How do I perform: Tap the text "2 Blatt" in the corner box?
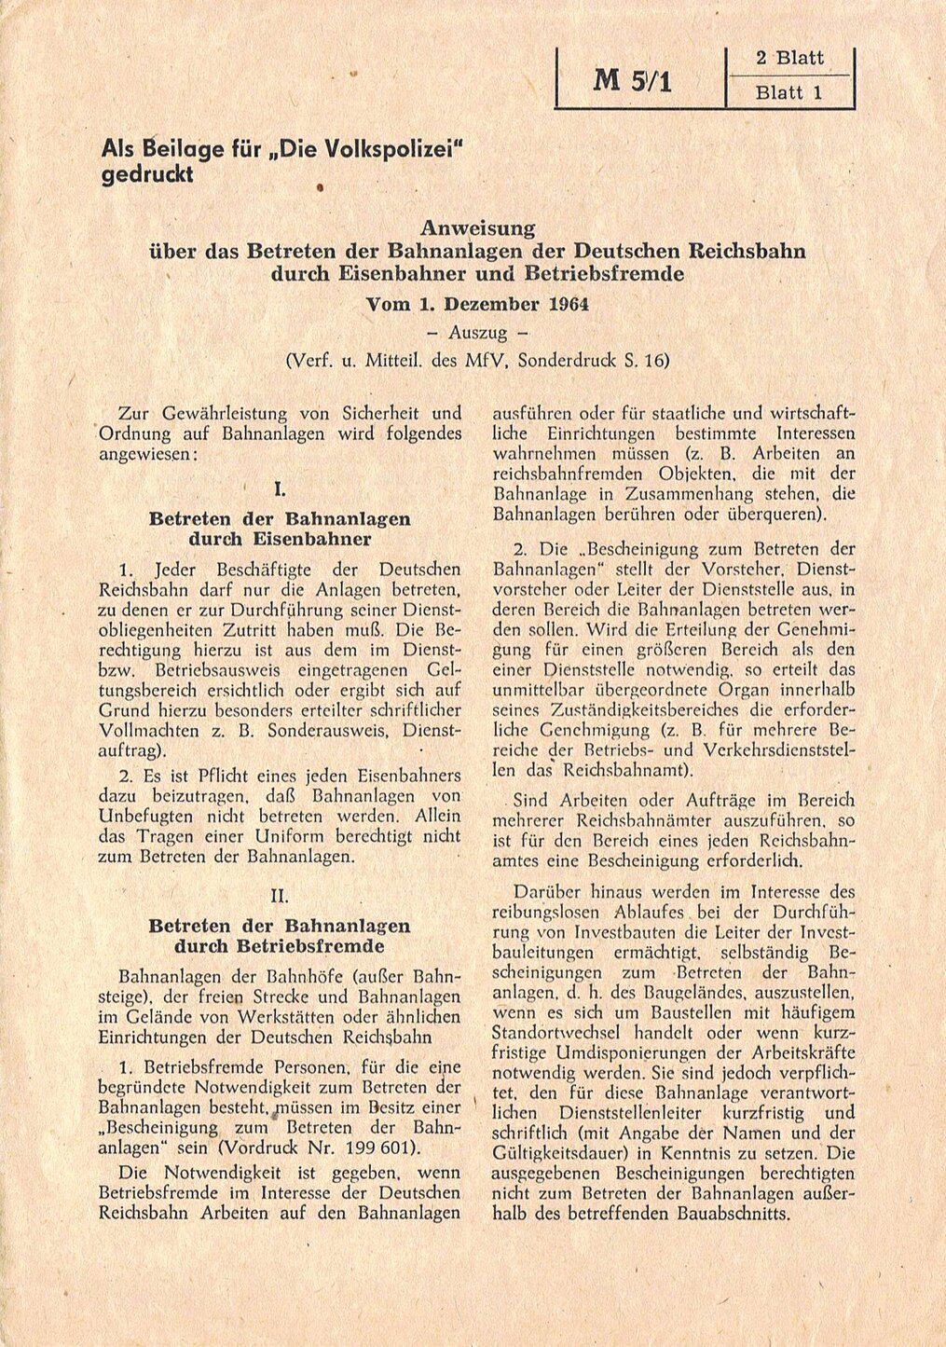(789, 58)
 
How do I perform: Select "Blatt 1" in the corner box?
(789, 93)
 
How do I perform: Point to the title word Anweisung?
(477, 227)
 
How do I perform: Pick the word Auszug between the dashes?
(477, 332)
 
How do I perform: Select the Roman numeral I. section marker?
(280, 488)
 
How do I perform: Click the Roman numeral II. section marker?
(280, 896)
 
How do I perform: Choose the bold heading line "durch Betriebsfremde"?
(280, 947)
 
